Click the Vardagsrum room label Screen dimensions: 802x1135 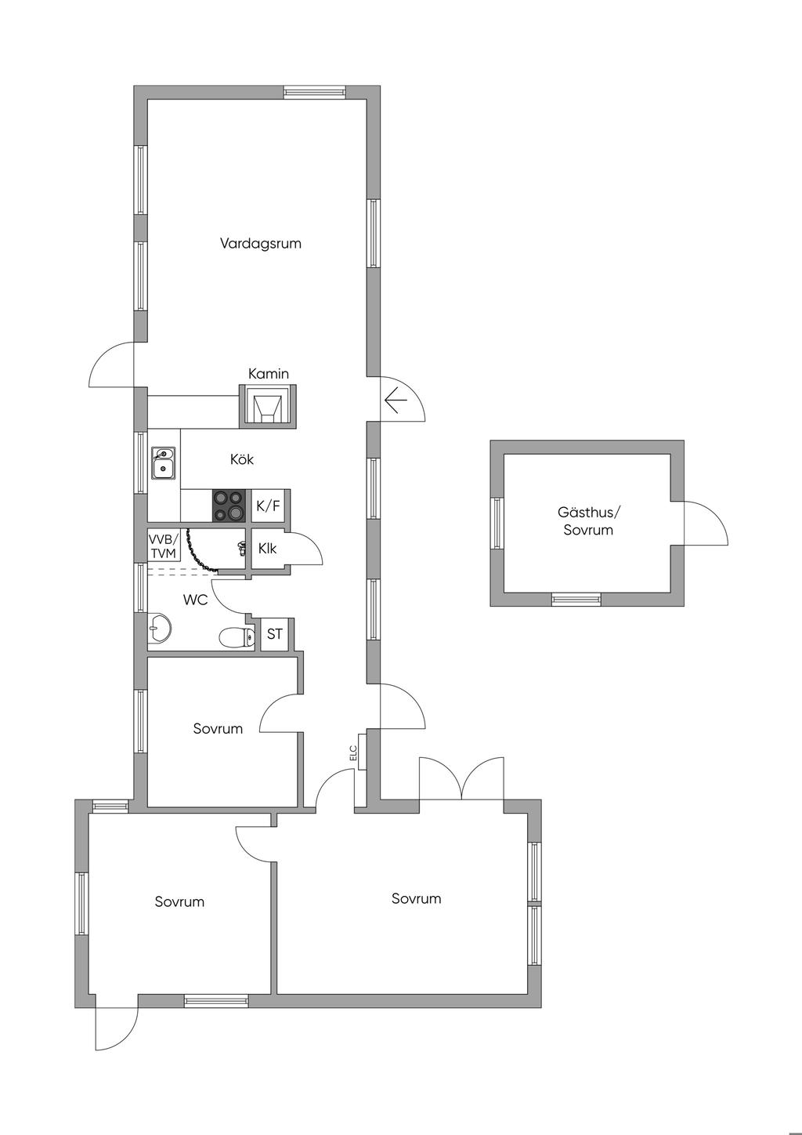coord(260,243)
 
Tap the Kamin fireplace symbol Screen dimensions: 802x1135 coord(267,406)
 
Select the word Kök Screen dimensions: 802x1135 coord(241,459)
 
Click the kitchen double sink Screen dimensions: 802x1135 coord(163,462)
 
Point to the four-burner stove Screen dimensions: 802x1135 coord(229,505)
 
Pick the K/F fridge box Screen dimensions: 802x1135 coord(269,505)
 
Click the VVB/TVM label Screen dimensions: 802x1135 coord(163,546)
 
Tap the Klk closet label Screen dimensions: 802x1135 coord(267,548)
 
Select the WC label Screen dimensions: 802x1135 coord(196,600)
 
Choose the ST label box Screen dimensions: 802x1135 coord(274,634)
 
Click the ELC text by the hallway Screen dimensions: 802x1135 coord(353,752)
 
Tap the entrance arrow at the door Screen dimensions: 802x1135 coord(396,401)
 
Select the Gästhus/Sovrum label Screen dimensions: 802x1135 coord(588,521)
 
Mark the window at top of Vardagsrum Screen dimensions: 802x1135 coord(314,92)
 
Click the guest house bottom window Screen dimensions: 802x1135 coord(576,600)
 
